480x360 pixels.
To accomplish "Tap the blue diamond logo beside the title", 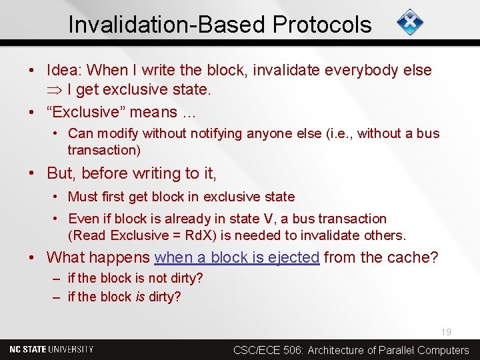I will tap(410, 23).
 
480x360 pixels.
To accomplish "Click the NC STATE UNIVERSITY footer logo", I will tap(51, 349).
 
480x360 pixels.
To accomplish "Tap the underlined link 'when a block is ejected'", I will tap(237, 257).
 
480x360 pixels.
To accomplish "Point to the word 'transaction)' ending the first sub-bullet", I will tap(104, 150).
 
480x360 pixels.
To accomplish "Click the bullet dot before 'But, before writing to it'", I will tap(31, 173).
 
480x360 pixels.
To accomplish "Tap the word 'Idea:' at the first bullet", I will tap(65, 70).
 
